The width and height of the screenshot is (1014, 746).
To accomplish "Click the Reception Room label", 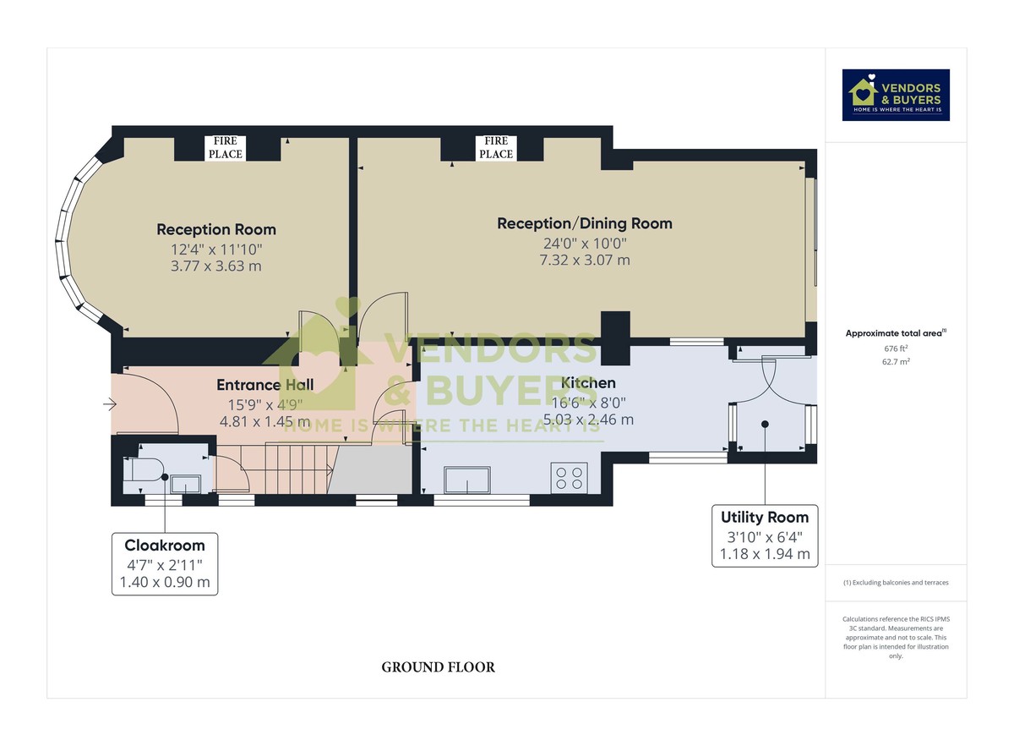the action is pyautogui.click(x=216, y=229).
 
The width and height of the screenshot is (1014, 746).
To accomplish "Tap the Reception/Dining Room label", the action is pyautogui.click(x=585, y=223).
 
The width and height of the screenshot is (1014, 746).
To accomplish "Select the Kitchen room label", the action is pyautogui.click(x=588, y=383).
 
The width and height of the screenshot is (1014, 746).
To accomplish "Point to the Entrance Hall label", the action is pyautogui.click(x=264, y=385).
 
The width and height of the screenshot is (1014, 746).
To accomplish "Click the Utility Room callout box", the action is pyautogui.click(x=765, y=535).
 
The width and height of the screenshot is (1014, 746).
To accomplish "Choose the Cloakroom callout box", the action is pyautogui.click(x=165, y=564).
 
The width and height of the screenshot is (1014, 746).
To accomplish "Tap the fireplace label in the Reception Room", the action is pyautogui.click(x=226, y=148).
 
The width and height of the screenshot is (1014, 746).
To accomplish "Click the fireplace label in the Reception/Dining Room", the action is pyautogui.click(x=496, y=148).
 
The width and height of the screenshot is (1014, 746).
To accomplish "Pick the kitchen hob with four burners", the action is pyautogui.click(x=569, y=478).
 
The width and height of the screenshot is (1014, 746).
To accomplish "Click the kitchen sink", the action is pyautogui.click(x=467, y=480).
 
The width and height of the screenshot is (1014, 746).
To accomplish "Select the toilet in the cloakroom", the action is pyautogui.click(x=143, y=469).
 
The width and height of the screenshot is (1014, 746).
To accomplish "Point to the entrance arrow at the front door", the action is pyautogui.click(x=110, y=403).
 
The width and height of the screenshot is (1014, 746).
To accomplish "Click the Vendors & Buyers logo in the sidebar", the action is pyautogui.click(x=896, y=96).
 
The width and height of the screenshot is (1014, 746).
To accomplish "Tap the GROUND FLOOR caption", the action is pyautogui.click(x=439, y=667).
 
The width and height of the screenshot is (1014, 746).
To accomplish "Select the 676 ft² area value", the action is pyautogui.click(x=896, y=348).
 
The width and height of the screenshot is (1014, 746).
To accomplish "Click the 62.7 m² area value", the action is pyautogui.click(x=896, y=362).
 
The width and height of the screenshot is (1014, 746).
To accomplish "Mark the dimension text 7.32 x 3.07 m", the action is pyautogui.click(x=585, y=261).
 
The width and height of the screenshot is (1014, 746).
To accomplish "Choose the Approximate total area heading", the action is pyautogui.click(x=896, y=333).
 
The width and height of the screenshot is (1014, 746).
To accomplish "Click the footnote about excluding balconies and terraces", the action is pyautogui.click(x=896, y=583).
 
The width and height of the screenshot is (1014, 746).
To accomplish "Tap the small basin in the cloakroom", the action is pyautogui.click(x=186, y=484).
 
